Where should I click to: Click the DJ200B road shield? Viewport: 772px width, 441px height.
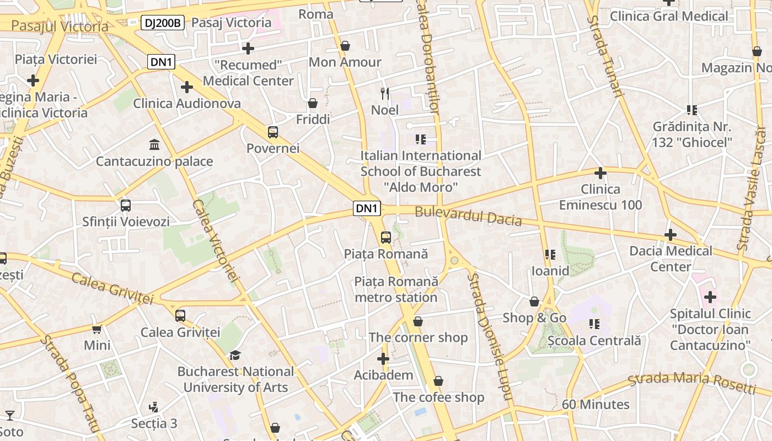pos(162,23)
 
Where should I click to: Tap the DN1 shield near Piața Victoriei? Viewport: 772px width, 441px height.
pos(161,62)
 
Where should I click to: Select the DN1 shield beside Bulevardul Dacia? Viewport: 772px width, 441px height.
pos(367,208)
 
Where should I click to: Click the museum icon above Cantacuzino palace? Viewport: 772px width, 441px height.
pos(155,145)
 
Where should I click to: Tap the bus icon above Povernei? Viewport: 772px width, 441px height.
pos(273,132)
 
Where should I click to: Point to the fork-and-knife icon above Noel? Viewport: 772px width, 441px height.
pos(385,94)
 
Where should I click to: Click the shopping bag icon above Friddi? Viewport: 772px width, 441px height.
pos(313,103)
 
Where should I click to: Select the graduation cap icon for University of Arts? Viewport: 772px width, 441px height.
pos(235,355)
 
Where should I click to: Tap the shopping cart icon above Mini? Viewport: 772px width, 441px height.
pos(97,329)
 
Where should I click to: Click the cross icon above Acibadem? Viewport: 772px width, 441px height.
pos(383,359)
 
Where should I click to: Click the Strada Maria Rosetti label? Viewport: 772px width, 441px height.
pos(691,381)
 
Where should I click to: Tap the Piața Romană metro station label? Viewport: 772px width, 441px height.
pos(396,289)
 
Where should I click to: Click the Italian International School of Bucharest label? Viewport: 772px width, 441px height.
pos(421,171)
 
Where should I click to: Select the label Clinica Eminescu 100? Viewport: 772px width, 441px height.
pos(601,197)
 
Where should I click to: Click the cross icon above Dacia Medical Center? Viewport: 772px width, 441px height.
pos(671,235)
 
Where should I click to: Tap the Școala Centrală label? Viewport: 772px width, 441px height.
pos(594,341)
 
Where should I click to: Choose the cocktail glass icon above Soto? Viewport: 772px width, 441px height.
pos(10,415)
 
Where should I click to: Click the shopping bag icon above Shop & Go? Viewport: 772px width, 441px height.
pos(534,302)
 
